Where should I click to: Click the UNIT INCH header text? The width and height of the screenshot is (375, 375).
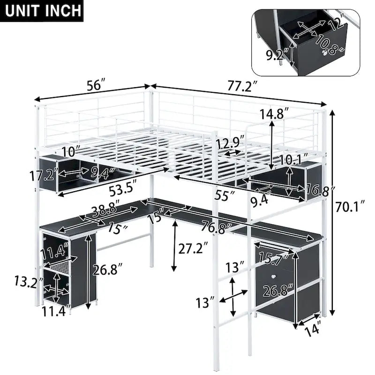42,11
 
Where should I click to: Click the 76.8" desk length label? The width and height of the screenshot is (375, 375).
216,228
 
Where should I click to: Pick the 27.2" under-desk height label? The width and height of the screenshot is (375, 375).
190,248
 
